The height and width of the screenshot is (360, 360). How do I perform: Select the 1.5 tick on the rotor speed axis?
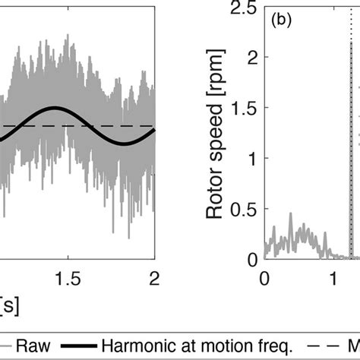point(245,108)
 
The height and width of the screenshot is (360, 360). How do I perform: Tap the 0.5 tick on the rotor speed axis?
point(245,209)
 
